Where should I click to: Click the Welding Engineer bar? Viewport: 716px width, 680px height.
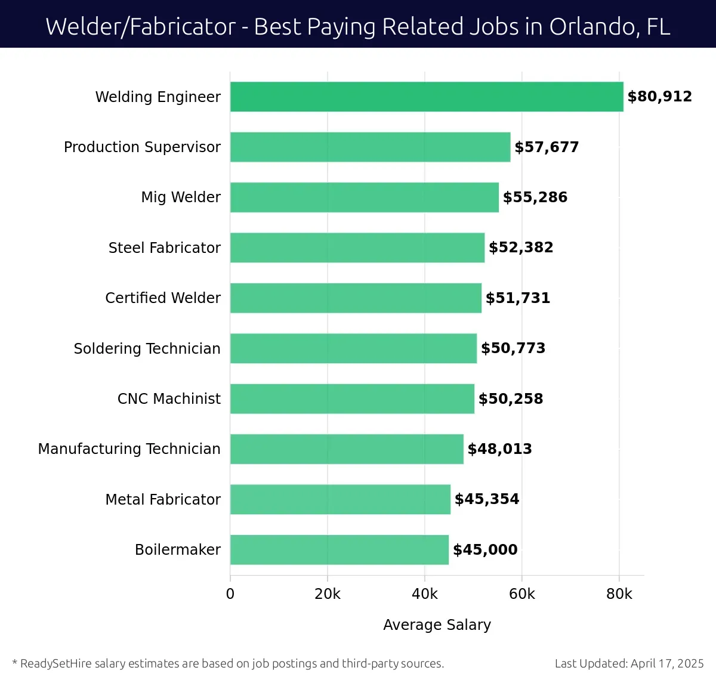[427, 97]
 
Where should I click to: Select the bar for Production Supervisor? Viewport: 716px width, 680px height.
[370, 147]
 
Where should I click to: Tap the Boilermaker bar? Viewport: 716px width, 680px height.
[339, 549]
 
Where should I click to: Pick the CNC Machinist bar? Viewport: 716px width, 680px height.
[352, 398]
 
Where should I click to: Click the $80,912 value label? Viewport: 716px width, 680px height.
[659, 97]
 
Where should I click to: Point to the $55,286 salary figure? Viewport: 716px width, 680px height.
[535, 197]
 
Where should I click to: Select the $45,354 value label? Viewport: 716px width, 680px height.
[486, 499]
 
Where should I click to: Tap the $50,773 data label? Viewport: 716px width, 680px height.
[513, 348]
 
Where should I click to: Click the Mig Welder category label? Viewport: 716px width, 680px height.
[181, 197]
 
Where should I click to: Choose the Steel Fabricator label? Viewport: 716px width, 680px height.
[165, 248]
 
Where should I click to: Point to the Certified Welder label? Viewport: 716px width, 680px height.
[163, 298]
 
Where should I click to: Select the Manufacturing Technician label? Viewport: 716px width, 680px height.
[129, 449]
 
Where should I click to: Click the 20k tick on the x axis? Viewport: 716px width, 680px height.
[328, 594]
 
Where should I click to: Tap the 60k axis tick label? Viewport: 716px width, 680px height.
[522, 594]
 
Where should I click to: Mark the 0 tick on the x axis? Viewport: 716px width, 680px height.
[230, 594]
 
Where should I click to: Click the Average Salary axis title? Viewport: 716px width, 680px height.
[437, 625]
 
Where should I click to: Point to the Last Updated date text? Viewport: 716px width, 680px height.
[629, 663]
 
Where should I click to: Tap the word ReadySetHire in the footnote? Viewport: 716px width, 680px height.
[56, 663]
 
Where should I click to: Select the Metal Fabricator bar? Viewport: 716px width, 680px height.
[340, 499]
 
